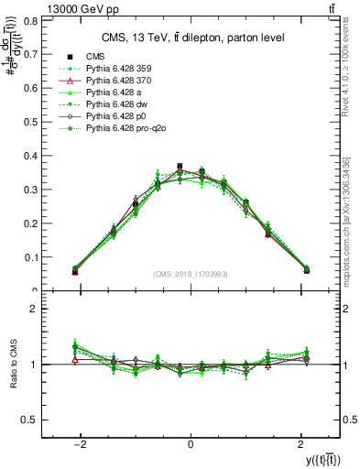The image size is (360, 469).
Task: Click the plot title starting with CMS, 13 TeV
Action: (191, 38)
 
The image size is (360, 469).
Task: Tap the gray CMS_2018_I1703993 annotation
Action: (191, 274)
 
